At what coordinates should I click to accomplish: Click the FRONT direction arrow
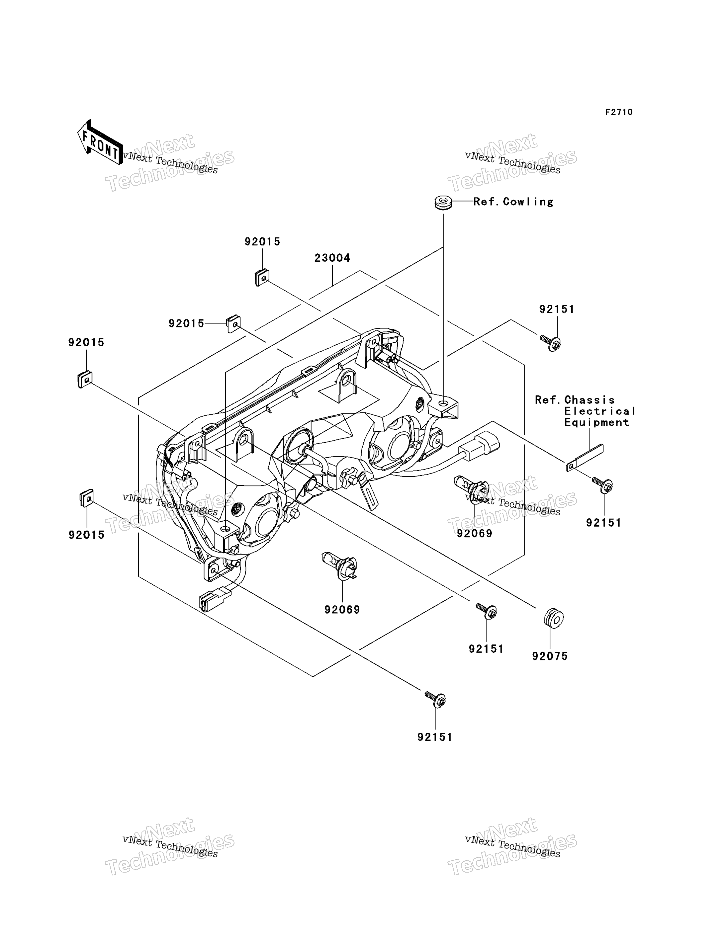(x=100, y=142)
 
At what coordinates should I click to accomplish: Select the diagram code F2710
(x=619, y=112)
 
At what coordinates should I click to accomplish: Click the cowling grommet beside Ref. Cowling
(x=443, y=203)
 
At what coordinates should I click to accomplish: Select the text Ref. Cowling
(x=513, y=202)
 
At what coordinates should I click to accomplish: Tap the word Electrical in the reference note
(x=600, y=411)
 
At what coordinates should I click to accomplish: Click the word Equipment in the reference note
(x=596, y=422)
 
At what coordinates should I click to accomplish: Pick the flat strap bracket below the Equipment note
(x=585, y=458)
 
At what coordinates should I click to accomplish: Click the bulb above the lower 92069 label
(x=340, y=565)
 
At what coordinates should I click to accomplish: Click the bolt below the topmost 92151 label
(x=550, y=343)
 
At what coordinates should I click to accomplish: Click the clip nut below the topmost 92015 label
(x=262, y=278)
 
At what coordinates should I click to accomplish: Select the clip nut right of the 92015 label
(x=233, y=324)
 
